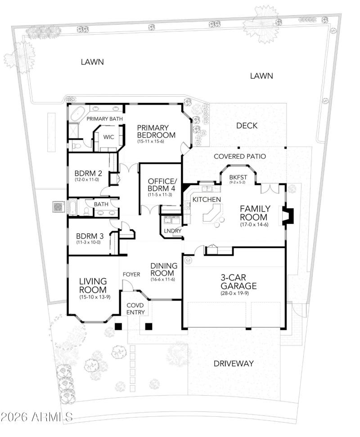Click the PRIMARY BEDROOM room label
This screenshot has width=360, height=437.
(x=156, y=131)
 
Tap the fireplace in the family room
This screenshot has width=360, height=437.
(x=286, y=215)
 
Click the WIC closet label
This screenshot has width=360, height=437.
(x=108, y=137)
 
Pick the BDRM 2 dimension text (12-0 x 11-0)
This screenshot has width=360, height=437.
(x=86, y=180)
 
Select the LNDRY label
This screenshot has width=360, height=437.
(x=173, y=231)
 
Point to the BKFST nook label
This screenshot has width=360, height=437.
(x=238, y=177)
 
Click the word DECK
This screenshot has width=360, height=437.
(x=247, y=126)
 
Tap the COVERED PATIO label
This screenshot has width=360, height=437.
(x=239, y=156)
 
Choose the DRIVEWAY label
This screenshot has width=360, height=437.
(x=234, y=363)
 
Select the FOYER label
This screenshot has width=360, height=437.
(x=131, y=274)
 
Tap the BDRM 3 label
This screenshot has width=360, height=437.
(x=87, y=236)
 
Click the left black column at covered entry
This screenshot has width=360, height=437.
(x=118, y=327)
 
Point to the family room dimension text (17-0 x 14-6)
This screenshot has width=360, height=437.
(x=255, y=224)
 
